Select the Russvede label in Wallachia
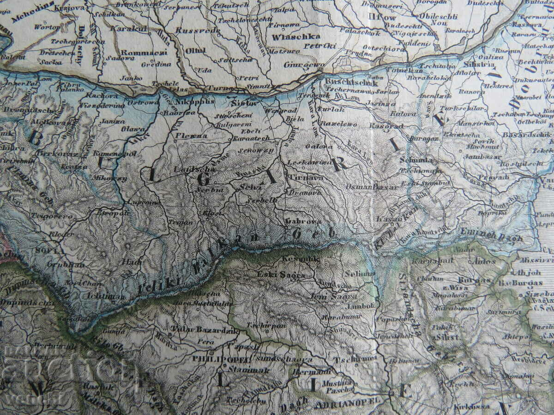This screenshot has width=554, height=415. point(193,31)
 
